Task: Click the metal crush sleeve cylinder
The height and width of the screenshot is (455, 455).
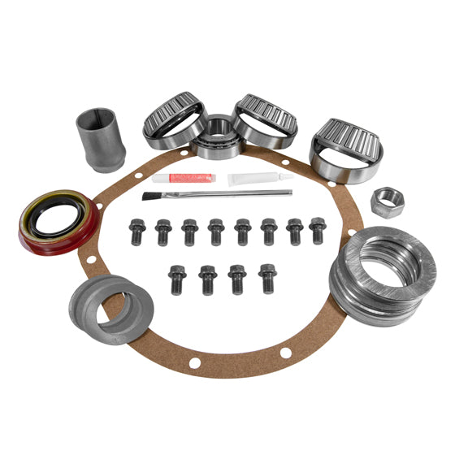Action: click(x=100, y=139)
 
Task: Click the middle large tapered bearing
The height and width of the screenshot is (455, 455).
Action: click(x=265, y=120)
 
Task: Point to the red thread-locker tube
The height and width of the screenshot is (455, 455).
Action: click(x=184, y=177)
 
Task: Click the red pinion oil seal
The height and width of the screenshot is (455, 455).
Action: click(x=58, y=222)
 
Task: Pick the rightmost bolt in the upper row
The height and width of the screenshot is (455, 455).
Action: click(x=318, y=230)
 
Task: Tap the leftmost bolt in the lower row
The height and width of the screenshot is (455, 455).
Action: click(x=177, y=278)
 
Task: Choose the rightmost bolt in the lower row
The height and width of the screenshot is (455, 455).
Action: click(x=266, y=277)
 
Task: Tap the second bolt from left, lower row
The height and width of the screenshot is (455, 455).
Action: click(x=207, y=279)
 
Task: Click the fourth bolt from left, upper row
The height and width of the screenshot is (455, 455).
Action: click(x=216, y=232)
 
